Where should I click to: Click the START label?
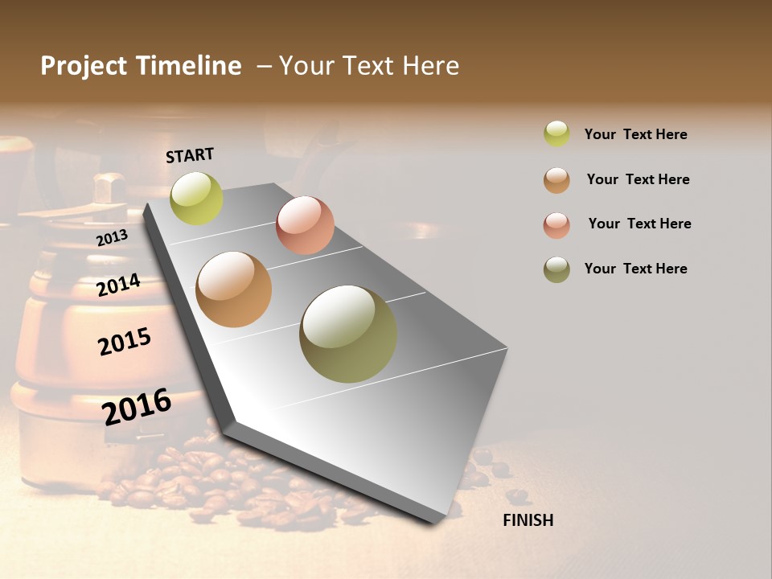coord(190,155)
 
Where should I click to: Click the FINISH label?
coord(528,520)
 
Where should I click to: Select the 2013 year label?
coord(112,237)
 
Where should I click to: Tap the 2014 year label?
coord(119,285)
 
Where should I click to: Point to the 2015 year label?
coord(125,342)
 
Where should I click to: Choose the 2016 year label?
coord(137,406)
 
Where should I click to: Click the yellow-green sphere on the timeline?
coord(196,199)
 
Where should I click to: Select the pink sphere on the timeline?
coord(305,225)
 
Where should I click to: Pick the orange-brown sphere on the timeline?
coord(233,289)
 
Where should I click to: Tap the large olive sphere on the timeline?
coord(348,334)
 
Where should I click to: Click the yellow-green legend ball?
coord(556,133)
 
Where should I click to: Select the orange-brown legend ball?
coord(556,180)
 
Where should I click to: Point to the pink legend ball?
coord(556,225)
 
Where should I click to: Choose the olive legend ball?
coord(556,269)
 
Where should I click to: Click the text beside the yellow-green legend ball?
coord(635,134)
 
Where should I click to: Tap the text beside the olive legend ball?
coord(635,269)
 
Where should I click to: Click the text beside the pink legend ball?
coord(639,224)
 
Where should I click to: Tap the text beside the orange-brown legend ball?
coord(638,179)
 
